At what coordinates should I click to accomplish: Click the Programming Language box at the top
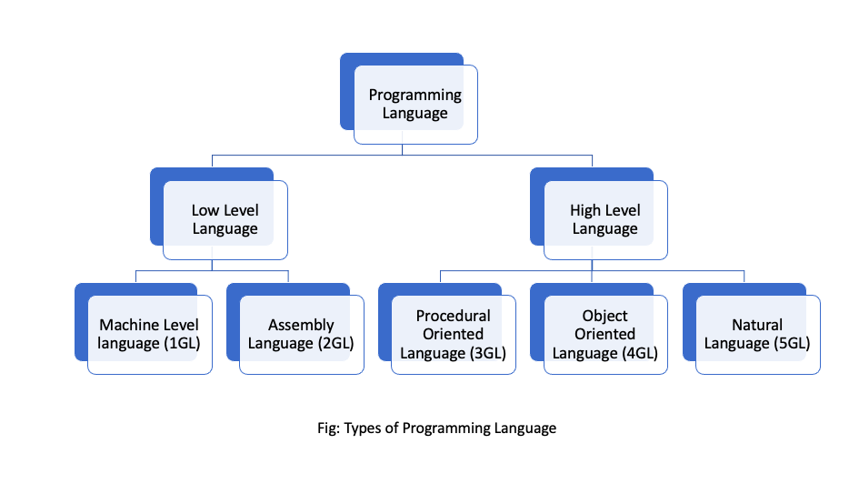point(415,105)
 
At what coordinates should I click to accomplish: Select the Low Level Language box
point(225,219)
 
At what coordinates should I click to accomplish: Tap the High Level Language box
point(605,219)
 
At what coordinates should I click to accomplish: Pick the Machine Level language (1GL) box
point(149,334)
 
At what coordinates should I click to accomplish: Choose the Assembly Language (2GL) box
point(301,334)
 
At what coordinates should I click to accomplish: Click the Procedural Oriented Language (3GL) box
point(453,334)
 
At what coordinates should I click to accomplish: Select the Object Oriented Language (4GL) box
point(605,334)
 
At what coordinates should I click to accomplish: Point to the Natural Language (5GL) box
point(757,334)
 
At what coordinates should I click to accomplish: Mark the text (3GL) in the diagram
point(485,353)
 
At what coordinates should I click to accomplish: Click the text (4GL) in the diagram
point(638,353)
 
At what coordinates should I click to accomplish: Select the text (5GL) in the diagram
point(790,344)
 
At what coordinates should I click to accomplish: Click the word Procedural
point(453,316)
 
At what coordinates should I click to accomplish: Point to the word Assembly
point(301,325)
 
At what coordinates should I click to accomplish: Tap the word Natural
point(757,325)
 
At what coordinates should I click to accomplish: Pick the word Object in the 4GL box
point(605,316)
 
